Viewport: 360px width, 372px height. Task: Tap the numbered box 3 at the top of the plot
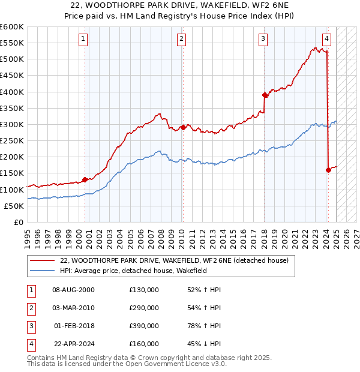[263, 40]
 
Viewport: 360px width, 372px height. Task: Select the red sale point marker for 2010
[183, 127]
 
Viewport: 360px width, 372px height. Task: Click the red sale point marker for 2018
[265, 95]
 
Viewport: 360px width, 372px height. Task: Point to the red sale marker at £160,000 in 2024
[328, 170]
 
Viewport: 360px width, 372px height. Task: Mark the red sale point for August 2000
[85, 179]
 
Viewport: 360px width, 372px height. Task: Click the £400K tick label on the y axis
[12, 92]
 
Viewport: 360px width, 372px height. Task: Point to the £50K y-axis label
[14, 206]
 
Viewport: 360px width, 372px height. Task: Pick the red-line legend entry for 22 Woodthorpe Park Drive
[174, 260]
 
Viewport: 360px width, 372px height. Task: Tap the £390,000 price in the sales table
[144, 326]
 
